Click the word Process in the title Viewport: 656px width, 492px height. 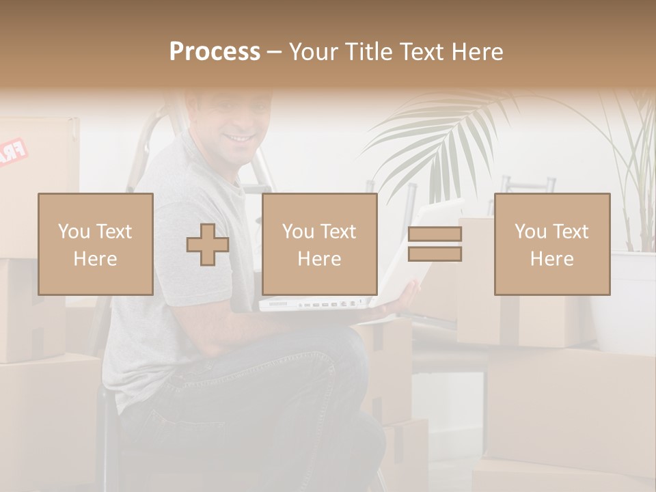tap(215, 52)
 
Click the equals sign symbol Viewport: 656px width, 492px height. tap(435, 244)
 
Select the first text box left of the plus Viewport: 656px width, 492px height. tap(96, 244)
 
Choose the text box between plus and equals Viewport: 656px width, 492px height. tap(320, 244)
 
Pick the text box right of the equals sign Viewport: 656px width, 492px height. tap(552, 244)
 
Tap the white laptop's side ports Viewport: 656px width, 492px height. tap(328, 303)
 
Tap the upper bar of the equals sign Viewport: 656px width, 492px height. tap(435, 234)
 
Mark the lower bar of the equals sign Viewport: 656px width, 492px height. tap(435, 254)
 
